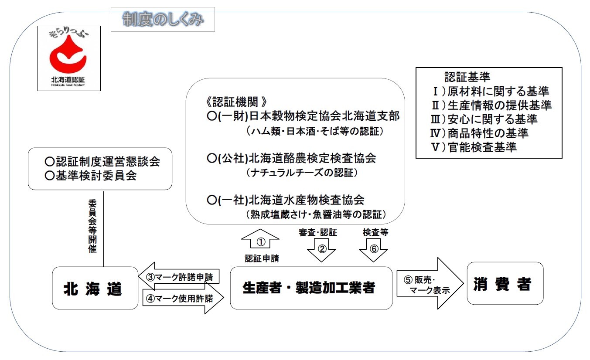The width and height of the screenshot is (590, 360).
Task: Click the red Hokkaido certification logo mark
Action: click(68, 56)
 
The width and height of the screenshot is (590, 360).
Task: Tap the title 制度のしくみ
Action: click(163, 20)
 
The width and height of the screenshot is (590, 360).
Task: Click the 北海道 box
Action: click(95, 288)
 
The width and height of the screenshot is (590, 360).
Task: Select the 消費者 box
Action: click(505, 283)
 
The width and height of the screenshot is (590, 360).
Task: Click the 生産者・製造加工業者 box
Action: click(311, 288)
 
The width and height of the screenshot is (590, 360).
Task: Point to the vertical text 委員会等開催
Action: click(92, 227)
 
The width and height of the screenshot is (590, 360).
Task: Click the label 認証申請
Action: click(262, 258)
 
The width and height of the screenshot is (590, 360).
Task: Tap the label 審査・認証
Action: click(318, 233)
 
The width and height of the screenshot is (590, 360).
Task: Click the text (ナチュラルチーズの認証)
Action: click(302, 173)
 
